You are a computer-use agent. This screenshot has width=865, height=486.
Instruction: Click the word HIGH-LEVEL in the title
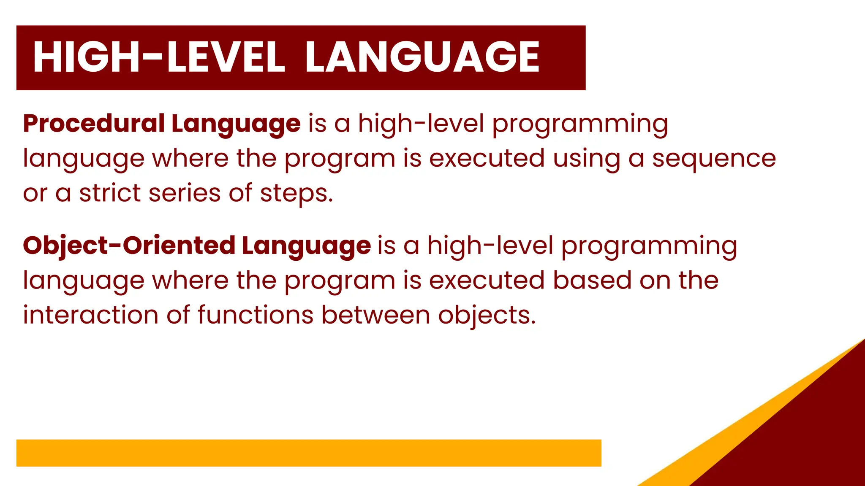click(159, 57)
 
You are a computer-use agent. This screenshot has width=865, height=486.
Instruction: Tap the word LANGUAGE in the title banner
click(422, 57)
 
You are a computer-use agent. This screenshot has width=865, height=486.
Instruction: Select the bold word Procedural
click(94, 124)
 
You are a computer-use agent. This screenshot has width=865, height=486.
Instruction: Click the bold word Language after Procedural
click(236, 124)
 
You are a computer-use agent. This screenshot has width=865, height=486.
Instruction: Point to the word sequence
click(714, 159)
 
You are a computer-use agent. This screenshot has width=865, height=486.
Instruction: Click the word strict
click(110, 193)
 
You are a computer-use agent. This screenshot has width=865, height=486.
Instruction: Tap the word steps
click(296, 194)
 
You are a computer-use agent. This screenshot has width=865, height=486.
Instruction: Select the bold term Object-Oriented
click(129, 246)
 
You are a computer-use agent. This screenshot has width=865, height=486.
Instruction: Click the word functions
click(255, 315)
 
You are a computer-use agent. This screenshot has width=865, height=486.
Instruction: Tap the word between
click(375, 315)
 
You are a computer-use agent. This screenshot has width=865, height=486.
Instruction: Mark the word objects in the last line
click(487, 316)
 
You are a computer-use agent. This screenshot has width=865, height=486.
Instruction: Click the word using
click(587, 159)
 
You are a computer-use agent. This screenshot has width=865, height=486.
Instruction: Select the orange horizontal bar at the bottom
click(309, 453)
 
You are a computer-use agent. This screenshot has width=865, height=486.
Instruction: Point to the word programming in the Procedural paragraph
click(580, 124)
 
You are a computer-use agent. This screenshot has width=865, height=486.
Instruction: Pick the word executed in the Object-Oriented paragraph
click(487, 280)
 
